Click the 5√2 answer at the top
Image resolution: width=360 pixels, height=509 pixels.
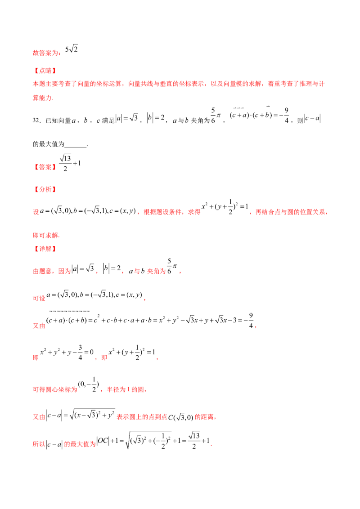pos(72,49)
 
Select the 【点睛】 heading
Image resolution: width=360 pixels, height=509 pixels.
pos(45,71)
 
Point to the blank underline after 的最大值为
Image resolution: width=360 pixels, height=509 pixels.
pos(76,147)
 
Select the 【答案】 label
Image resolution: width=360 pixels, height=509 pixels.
pos(45,167)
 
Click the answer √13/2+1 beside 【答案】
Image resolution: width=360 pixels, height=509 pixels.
pos(70,163)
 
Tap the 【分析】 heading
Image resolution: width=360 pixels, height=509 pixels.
pos(45,190)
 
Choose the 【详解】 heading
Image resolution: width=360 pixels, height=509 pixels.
pos(45,249)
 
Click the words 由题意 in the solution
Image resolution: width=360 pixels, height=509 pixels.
pos(42,271)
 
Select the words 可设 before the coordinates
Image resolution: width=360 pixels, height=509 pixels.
pos(39,298)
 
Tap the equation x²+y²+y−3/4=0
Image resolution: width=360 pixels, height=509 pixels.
pos(67,353)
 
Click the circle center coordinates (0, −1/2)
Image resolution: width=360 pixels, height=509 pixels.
pos(88,384)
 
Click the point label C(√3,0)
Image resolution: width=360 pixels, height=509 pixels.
pos(180,417)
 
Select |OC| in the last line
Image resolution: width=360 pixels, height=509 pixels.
pos(103,441)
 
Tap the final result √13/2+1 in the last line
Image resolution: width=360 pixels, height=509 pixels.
pos(198,441)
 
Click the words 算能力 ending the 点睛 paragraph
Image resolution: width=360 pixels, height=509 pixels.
pos(42,98)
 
